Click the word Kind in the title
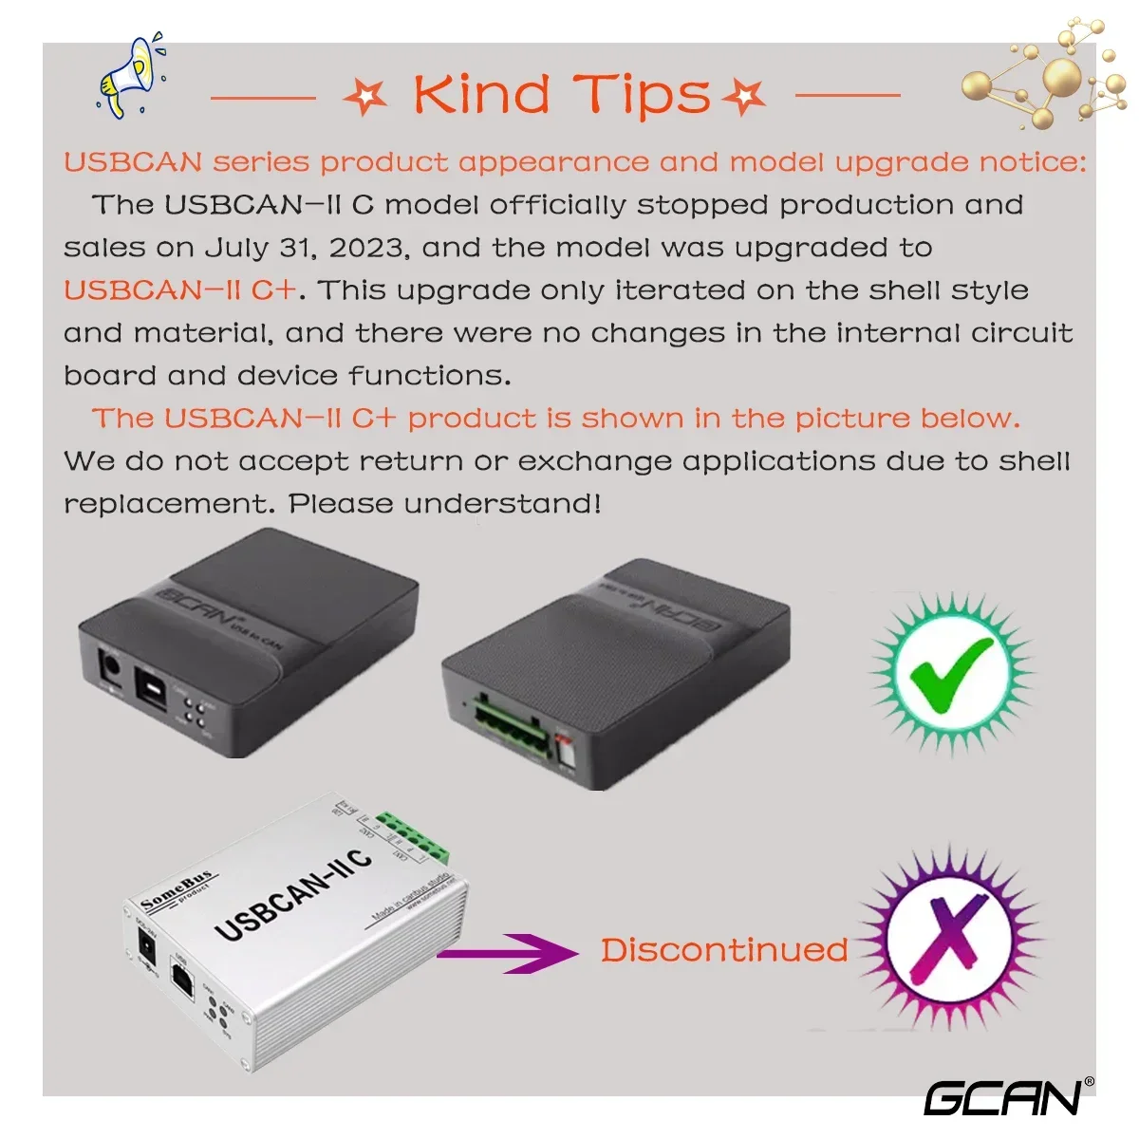coord(481,94)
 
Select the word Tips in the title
coord(642,96)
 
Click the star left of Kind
coord(365,96)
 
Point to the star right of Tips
coord(743,96)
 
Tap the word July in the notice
coord(236,249)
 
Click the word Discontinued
coord(724,950)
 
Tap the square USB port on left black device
coord(150,685)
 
